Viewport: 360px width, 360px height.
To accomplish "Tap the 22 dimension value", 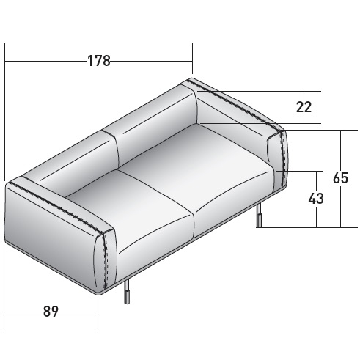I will point(304,107).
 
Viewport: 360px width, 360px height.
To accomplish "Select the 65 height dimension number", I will point(341,178).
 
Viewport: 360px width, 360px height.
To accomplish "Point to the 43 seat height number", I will point(316,199).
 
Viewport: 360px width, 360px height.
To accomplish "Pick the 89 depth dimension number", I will point(51,312).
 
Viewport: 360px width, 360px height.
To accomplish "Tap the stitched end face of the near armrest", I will point(105,260).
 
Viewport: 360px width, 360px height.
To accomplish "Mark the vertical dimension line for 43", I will point(316,216).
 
